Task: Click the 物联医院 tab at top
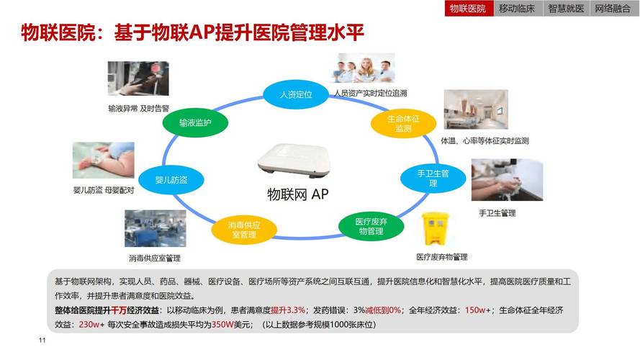[468, 9]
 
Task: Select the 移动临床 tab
[517, 9]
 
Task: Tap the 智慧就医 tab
[566, 9]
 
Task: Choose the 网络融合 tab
[613, 9]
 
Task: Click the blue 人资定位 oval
[296, 95]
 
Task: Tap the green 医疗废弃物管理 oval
[371, 226]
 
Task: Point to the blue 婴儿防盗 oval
[171, 180]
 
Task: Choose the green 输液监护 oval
[195, 123]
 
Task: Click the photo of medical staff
[363, 68]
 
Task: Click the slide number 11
[42, 340]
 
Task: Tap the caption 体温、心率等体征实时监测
[484, 140]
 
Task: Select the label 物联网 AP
[298, 194]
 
